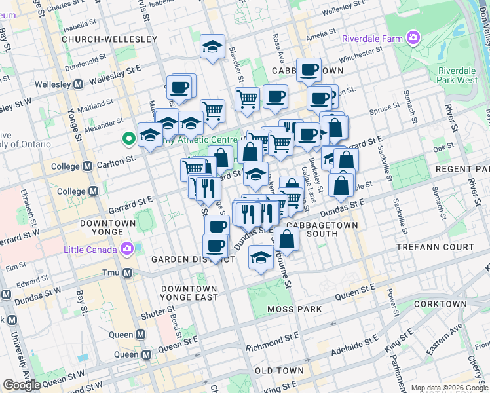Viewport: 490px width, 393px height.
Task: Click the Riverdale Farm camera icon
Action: [413, 39]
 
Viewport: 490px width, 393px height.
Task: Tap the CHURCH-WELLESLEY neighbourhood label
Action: [109, 39]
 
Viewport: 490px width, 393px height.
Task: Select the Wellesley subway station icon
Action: [78, 84]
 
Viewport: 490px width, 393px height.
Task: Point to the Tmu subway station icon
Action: [127, 272]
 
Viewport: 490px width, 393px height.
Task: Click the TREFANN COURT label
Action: [434, 247]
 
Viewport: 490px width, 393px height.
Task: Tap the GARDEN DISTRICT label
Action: [193, 259]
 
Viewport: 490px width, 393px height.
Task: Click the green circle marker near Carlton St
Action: [129, 138]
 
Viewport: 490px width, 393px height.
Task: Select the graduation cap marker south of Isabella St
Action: [212, 47]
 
